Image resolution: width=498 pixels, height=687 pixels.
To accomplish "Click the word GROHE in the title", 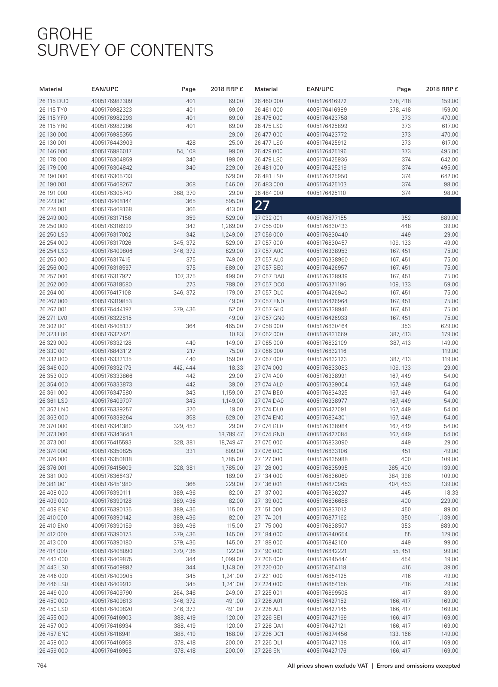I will point(65,34).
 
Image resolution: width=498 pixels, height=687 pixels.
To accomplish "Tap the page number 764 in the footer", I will point(41,666).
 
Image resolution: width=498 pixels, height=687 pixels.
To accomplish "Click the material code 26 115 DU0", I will point(54,101).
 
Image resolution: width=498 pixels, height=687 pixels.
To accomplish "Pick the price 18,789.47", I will point(231,434).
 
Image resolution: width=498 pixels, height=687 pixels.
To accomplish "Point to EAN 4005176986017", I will point(112,151).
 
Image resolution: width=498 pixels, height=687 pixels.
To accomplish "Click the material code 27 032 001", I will point(269,218).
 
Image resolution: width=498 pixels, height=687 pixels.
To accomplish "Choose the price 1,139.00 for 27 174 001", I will point(448,518).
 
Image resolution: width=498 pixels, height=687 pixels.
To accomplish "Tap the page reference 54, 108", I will point(186,151).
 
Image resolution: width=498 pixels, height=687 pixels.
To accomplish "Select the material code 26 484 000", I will point(269,193).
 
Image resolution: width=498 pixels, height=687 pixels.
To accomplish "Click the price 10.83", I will point(236,334).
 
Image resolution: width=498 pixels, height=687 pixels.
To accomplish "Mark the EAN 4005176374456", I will point(327,634).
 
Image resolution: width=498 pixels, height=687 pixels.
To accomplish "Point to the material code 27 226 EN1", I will point(269,651).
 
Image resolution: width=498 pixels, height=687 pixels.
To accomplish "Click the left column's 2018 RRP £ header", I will point(227,89).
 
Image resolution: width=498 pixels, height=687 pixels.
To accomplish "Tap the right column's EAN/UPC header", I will point(320,89).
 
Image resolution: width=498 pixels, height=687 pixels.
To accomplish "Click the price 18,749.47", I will point(231,443).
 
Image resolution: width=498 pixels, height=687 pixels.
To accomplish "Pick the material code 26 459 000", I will point(53,651).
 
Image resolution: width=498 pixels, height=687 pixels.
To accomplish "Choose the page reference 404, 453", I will point(399,484).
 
